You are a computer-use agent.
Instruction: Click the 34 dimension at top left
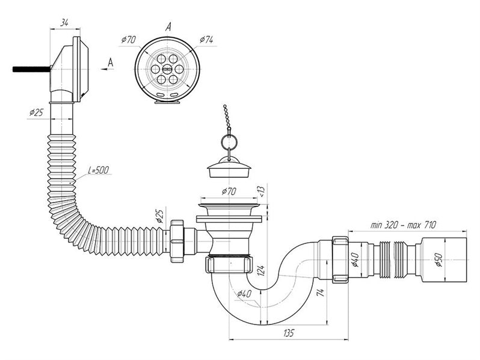coord(64,22)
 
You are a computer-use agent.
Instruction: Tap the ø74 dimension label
coord(206,40)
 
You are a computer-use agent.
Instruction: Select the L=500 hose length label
coord(98,170)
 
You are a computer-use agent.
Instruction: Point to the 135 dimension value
coord(288,333)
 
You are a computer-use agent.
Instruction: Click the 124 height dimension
coord(261,270)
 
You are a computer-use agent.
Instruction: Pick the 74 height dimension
coord(321,293)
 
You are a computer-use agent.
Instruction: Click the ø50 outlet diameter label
coord(439,260)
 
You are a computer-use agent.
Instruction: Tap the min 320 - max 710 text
coord(403,225)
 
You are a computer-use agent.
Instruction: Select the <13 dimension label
coord(262,191)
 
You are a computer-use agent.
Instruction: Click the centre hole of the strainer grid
coord(167,69)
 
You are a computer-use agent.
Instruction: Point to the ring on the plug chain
coord(229,141)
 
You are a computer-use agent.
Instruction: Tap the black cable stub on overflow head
coord(31,69)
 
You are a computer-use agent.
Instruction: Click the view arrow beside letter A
coord(107,70)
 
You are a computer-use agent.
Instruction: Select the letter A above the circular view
coord(168,28)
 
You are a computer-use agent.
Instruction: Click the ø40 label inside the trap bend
coord(244,294)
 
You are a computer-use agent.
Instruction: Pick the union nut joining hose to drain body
coord(176,241)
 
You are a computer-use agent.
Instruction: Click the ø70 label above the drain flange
coord(229,192)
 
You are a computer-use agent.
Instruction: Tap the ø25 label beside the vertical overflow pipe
coord(36,112)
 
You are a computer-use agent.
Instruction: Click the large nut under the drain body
coord(230,264)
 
